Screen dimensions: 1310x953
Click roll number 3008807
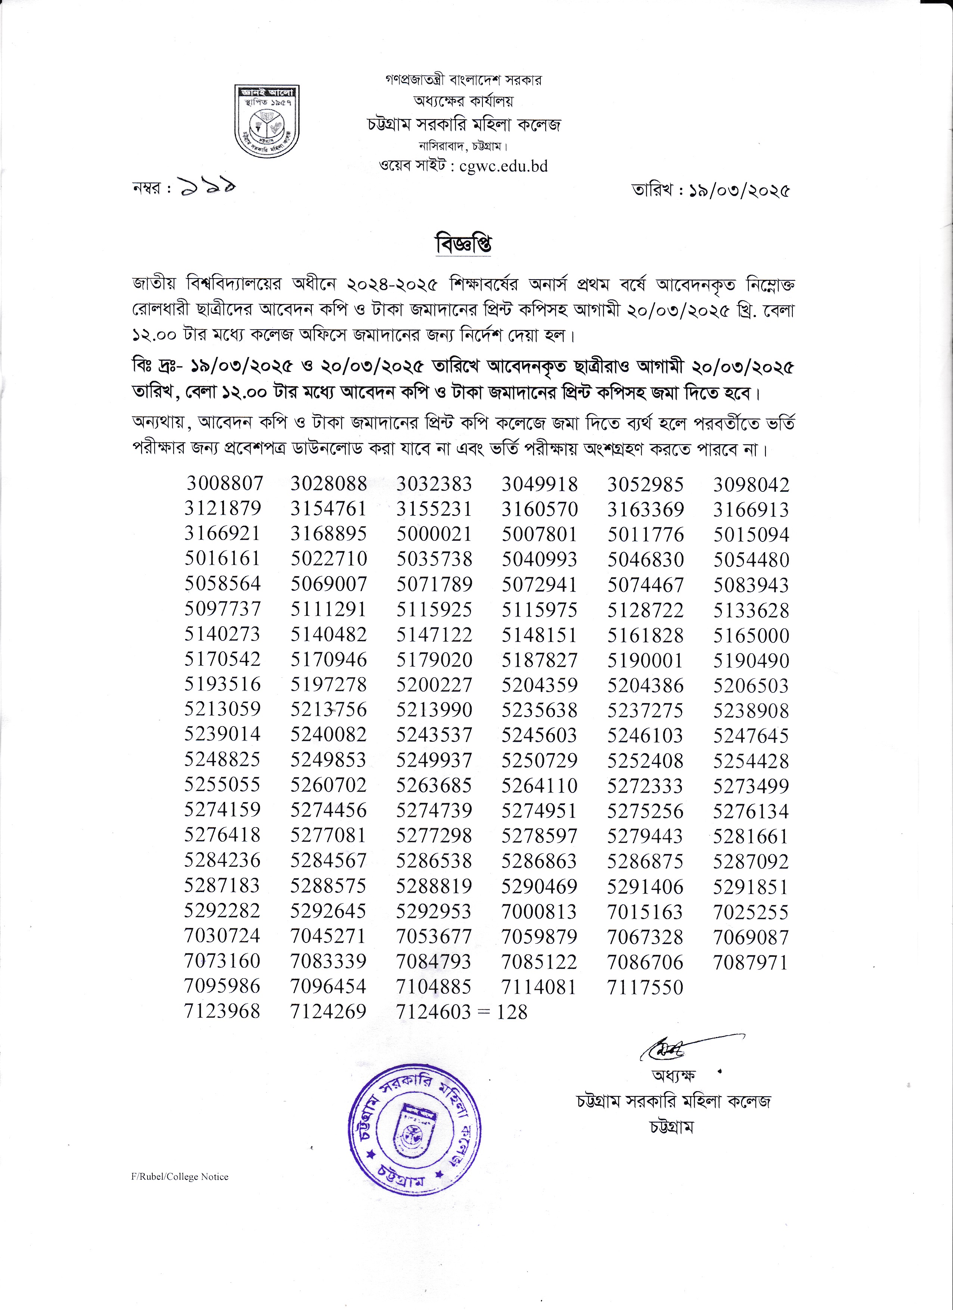(224, 483)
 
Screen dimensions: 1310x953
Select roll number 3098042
(751, 485)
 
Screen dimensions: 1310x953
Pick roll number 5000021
(434, 534)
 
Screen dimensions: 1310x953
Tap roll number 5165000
(751, 635)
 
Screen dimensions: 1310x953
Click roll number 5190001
(645, 660)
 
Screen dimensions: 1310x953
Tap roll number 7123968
(222, 1011)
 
